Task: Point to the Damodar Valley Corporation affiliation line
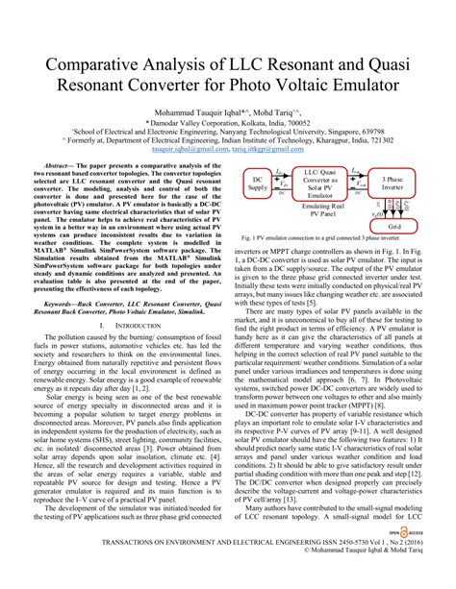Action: (x=228, y=124)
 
